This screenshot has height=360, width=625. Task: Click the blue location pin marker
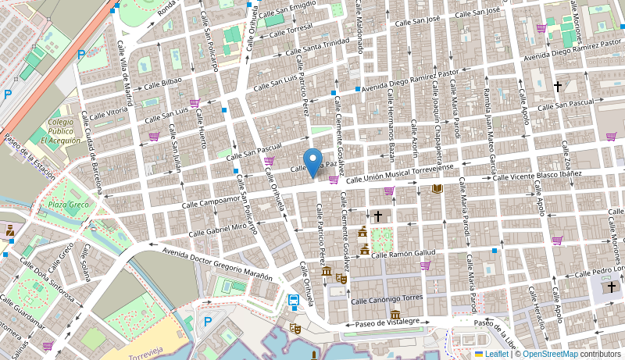tap(312, 162)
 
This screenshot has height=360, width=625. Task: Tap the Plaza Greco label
tap(68, 205)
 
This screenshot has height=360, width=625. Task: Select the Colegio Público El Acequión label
tap(60, 131)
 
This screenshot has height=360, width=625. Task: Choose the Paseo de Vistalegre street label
tap(388, 321)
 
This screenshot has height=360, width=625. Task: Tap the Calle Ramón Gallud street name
tap(402, 254)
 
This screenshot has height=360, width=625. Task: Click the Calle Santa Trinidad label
tap(316, 48)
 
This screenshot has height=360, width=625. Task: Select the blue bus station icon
tap(294, 301)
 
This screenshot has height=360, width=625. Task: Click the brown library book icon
tap(437, 188)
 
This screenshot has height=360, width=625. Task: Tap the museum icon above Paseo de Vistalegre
tap(395, 314)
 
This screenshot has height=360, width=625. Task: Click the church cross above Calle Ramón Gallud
tap(378, 216)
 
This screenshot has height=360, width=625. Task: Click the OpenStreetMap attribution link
tap(550, 354)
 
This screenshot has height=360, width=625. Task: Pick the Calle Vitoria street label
tap(109, 114)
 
